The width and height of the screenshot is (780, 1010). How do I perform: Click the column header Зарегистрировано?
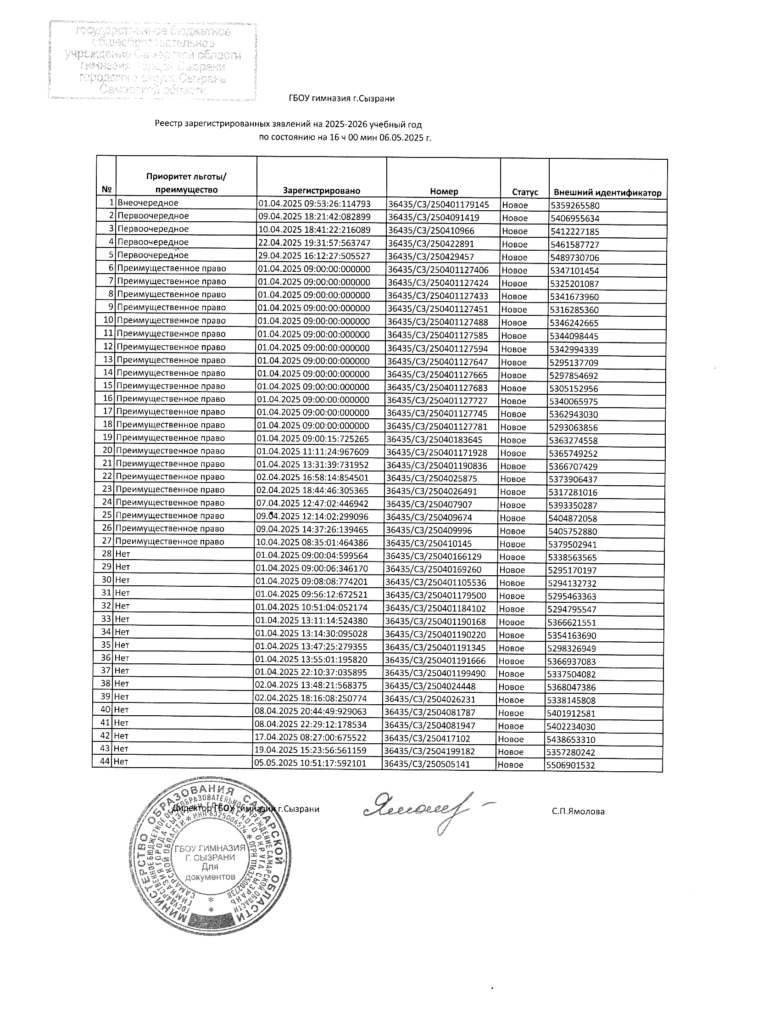321,191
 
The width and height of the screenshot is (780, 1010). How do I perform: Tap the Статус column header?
524,192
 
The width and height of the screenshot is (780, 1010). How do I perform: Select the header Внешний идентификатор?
607,193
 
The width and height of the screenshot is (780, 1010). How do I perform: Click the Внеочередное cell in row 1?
148,202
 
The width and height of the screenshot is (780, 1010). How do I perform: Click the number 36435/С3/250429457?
431,257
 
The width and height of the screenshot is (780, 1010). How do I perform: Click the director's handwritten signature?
423,810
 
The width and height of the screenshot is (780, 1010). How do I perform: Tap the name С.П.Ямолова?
578,811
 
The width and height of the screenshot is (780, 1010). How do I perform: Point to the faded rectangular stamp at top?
152,60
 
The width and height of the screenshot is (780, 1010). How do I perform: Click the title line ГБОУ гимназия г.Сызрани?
341,98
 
